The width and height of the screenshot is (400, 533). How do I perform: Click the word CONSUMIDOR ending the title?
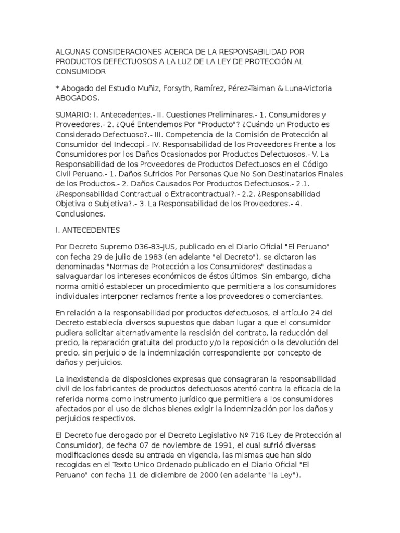pyautogui.click(x=80, y=71)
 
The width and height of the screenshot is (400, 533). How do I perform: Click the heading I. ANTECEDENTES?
pyautogui.click(x=87, y=230)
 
